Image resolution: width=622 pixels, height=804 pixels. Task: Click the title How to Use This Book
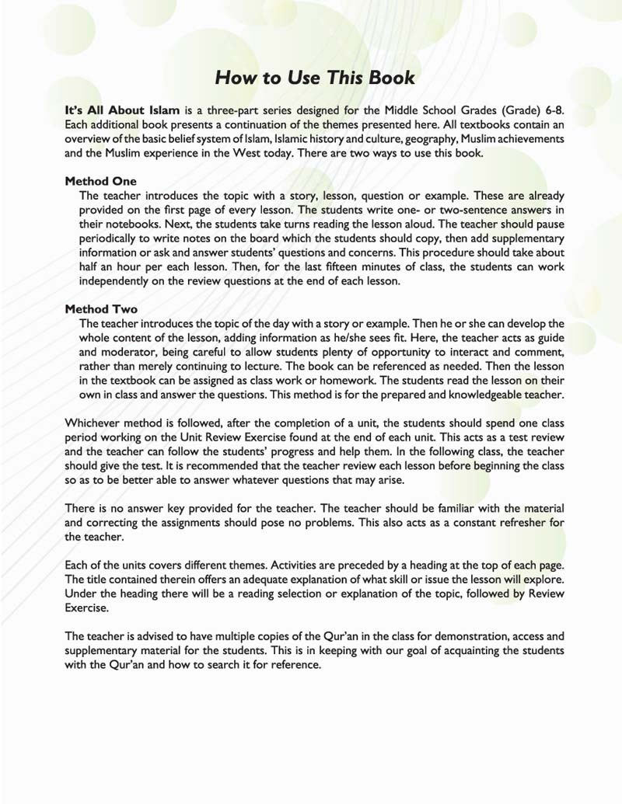point(314,78)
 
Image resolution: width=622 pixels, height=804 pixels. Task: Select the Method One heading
point(100,181)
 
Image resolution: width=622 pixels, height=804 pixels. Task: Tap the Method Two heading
point(101,308)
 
